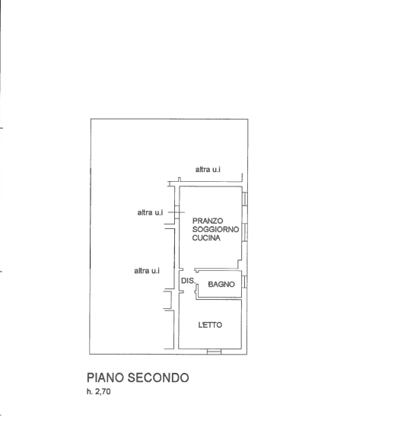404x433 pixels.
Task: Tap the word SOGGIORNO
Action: [215, 230]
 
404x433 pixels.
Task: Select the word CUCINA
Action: [206, 237]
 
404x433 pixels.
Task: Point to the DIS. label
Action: [189, 281]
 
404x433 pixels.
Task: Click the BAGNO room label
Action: [221, 284]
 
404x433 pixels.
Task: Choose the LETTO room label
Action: [210, 325]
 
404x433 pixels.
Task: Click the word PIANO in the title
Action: [105, 377]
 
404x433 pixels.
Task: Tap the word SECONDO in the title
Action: [158, 377]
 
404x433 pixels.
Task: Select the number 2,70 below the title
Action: [103, 392]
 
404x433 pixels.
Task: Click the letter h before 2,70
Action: [89, 392]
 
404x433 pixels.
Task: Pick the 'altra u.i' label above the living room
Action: [208, 170]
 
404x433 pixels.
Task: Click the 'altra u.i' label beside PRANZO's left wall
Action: [150, 212]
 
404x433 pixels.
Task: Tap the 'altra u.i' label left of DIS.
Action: [147, 271]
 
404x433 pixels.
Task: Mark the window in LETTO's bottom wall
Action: [215, 352]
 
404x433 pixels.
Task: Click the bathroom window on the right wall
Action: [244, 282]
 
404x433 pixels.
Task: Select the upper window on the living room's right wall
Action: [245, 199]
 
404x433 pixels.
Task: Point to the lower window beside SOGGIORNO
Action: [245, 232]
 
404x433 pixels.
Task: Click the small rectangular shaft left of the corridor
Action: [167, 300]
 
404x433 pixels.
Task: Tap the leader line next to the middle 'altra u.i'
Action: [177, 212]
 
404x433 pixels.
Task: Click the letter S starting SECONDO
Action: [131, 377]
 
